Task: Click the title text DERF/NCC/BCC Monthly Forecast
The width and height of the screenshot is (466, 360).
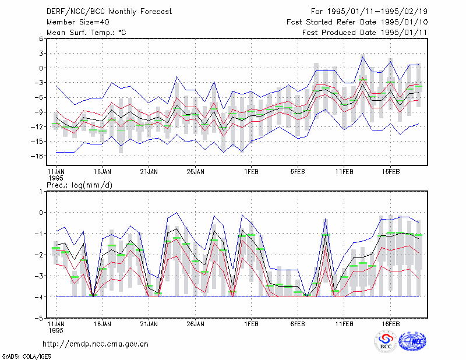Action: point(109,12)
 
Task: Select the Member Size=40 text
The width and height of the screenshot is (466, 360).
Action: point(78,22)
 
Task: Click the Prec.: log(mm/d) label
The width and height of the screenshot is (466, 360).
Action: point(79,185)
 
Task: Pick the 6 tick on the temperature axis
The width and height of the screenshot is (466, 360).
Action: point(41,38)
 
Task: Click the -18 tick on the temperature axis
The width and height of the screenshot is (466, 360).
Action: point(37,156)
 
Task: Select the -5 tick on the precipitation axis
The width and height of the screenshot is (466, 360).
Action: point(38,318)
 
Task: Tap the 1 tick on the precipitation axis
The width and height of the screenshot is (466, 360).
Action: point(41,191)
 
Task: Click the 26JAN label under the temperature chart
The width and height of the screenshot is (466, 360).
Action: point(195,172)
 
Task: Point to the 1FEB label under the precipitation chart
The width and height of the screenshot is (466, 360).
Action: point(251,324)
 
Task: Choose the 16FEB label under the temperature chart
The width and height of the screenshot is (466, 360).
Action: point(390,172)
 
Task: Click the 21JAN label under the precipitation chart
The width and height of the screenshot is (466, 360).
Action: point(149,324)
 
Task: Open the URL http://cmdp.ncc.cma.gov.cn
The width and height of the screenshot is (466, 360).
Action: point(96,344)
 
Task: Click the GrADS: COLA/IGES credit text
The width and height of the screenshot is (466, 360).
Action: point(26,357)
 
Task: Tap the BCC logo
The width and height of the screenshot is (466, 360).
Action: point(386,342)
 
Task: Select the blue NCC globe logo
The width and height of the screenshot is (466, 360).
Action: point(412,341)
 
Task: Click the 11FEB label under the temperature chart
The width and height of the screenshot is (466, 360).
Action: point(344,172)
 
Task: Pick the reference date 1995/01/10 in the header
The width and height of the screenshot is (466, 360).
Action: point(404,22)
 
